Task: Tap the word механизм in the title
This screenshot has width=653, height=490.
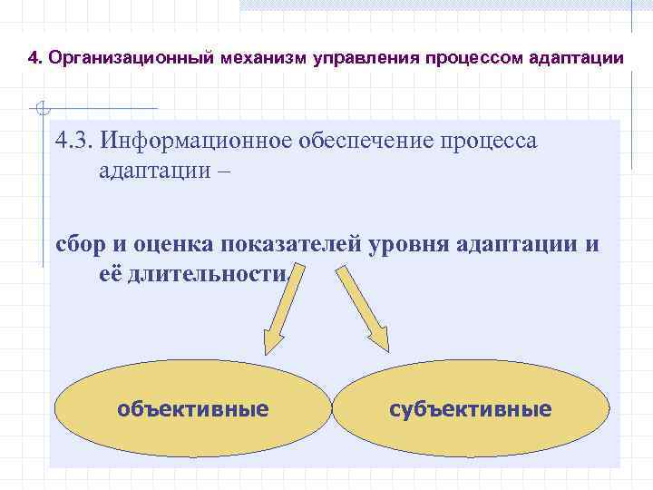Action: tap(263, 59)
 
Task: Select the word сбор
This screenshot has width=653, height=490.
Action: tap(80, 244)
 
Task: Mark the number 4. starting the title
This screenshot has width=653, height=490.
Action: tap(35, 59)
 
